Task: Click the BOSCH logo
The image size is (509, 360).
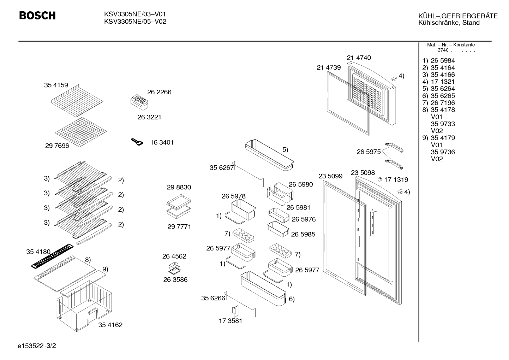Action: pyautogui.click(x=37, y=16)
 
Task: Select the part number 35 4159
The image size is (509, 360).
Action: pyautogui.click(x=56, y=85)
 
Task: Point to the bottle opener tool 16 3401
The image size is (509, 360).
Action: pyautogui.click(x=137, y=142)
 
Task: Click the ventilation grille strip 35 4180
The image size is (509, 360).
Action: pyautogui.click(x=52, y=256)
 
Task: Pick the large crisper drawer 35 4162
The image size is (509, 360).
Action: pyautogui.click(x=84, y=306)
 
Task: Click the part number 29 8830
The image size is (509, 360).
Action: pyautogui.click(x=179, y=187)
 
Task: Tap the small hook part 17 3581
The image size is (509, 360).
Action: pyautogui.click(x=235, y=311)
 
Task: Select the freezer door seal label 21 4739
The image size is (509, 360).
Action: pyautogui.click(x=329, y=67)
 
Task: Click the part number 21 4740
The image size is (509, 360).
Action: pyautogui.click(x=359, y=58)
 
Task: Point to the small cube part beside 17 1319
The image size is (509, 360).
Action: pyautogui.click(x=379, y=179)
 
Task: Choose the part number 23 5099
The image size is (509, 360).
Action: pyautogui.click(x=330, y=176)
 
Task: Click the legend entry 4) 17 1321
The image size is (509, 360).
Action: pyautogui.click(x=438, y=82)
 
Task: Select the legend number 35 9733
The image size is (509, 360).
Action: pyautogui.click(x=443, y=124)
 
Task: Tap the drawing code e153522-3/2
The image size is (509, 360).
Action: pyautogui.click(x=37, y=346)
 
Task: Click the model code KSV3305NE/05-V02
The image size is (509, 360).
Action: pyautogui.click(x=135, y=22)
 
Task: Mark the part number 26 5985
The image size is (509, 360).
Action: pyautogui.click(x=303, y=234)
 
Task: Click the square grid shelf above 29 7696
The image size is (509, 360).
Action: pyautogui.click(x=81, y=132)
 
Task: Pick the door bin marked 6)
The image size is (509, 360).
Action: pyautogui.click(x=263, y=288)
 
